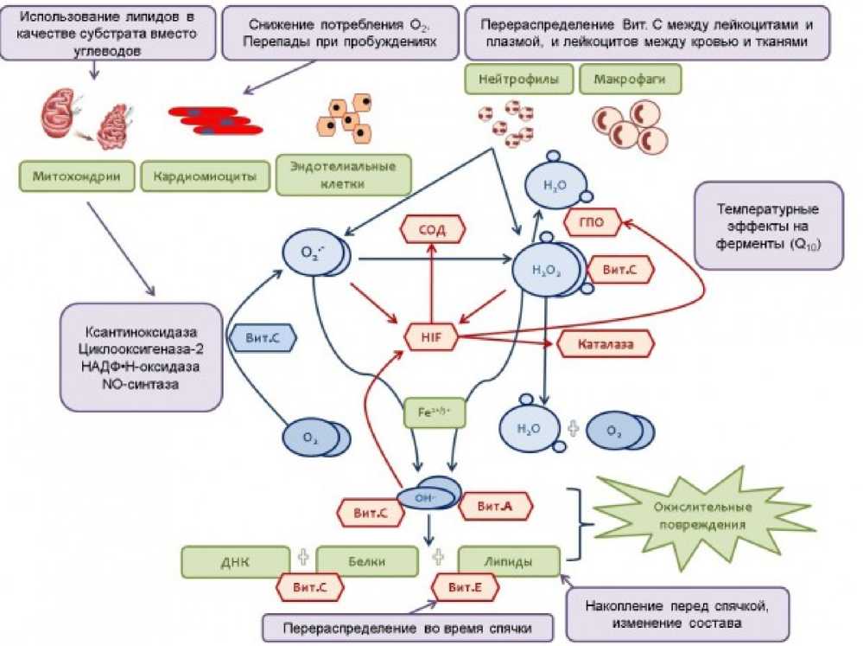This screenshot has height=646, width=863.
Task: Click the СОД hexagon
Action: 432,229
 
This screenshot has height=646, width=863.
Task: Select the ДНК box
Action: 235,562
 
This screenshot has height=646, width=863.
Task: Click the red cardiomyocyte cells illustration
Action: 214,120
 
